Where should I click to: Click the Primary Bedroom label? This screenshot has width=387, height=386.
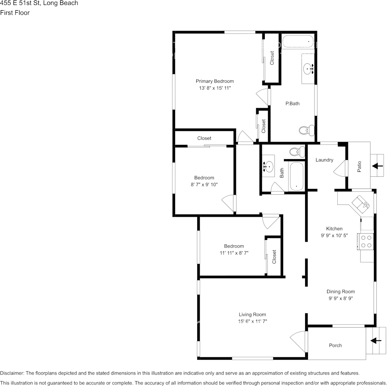(x=215, y=81)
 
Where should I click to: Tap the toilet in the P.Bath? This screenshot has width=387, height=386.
(x=306, y=130)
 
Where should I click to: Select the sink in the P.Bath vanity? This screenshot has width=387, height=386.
(x=308, y=69)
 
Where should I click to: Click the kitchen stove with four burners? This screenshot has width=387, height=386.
(x=366, y=242)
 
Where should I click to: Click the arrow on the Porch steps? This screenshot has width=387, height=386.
(x=376, y=341)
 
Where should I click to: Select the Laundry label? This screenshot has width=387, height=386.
(x=324, y=160)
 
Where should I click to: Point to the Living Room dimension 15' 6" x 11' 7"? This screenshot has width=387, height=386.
(x=253, y=321)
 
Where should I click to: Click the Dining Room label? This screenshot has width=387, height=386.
(x=341, y=291)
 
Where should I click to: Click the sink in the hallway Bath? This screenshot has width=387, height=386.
(x=269, y=166)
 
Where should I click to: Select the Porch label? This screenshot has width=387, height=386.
(x=335, y=346)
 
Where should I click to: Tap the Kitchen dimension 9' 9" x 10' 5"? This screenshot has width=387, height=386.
(x=334, y=235)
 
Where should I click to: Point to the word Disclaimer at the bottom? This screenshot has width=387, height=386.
(x=11, y=373)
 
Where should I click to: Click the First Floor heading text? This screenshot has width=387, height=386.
(x=15, y=13)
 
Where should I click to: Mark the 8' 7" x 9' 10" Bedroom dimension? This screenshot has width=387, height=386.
(x=204, y=184)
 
